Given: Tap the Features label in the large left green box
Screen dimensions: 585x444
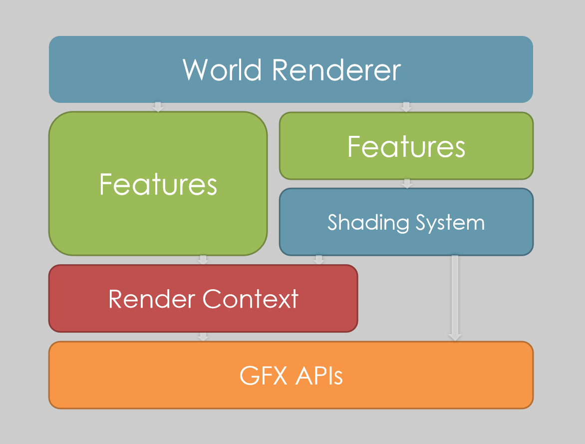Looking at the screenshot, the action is [x=158, y=184].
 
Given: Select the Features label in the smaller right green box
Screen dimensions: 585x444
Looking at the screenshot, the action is [x=406, y=146].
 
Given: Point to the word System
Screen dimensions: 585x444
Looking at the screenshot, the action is [x=450, y=223].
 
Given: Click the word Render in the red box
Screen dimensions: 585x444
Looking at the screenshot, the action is [x=152, y=299].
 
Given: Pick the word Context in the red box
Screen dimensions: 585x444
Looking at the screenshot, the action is [x=251, y=299].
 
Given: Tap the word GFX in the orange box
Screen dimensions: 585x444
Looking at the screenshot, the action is [x=263, y=375].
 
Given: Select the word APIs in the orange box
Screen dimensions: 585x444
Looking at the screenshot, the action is [x=319, y=375].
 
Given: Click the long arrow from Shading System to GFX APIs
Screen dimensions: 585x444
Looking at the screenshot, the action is [x=455, y=298].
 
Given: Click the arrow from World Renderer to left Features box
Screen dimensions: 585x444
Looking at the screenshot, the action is [x=158, y=107].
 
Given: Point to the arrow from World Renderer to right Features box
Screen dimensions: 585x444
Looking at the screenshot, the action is [x=406, y=107].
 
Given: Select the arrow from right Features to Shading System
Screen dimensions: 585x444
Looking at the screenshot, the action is [x=407, y=183].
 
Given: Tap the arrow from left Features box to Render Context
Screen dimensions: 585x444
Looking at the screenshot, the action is [x=203, y=260].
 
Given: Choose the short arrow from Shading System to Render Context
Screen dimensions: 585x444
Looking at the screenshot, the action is [x=318, y=260].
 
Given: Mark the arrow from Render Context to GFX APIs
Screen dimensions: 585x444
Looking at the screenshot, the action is [x=203, y=336].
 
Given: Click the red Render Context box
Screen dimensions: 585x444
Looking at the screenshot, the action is [x=203, y=298].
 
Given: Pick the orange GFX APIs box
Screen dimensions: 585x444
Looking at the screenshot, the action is [x=291, y=375].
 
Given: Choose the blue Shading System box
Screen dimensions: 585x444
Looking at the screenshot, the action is [x=406, y=222].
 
